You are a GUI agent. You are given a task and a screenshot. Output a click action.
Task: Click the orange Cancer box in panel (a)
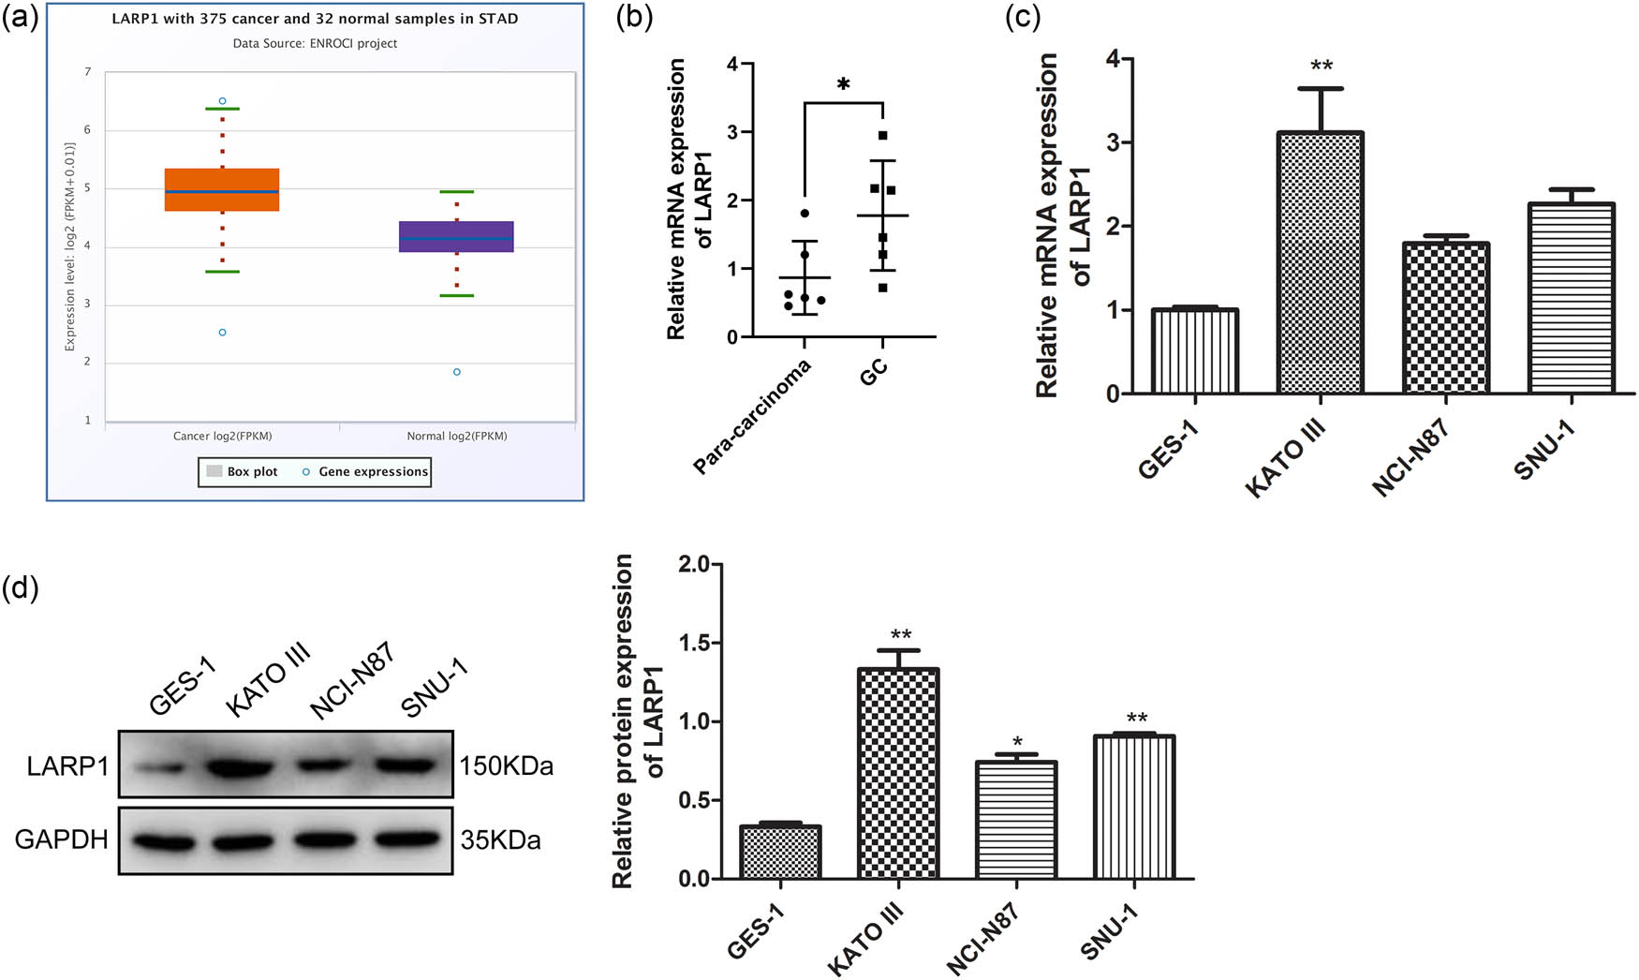222,190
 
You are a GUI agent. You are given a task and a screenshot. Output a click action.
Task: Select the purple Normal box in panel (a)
456,237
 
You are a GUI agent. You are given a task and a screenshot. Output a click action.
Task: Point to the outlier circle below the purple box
457,372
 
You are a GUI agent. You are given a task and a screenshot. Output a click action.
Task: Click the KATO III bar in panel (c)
1321,262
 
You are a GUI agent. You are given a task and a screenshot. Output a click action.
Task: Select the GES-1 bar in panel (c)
1195,351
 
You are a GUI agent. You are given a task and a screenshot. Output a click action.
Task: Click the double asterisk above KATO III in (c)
1322,67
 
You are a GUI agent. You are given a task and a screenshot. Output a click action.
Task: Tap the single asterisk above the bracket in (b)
843,85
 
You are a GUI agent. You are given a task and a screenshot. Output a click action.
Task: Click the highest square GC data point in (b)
882,136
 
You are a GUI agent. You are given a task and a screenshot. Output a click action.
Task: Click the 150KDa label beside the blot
506,766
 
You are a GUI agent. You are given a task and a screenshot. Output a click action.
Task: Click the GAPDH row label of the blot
61,839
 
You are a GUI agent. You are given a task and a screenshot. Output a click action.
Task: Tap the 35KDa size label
500,840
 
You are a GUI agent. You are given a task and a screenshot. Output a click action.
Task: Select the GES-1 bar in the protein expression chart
780,853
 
